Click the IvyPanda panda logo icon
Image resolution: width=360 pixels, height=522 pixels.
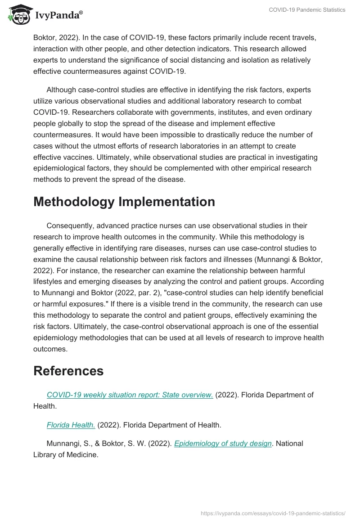[18, 14]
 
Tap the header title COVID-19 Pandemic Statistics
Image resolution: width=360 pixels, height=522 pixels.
[307, 10]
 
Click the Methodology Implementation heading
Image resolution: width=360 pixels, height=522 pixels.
[124, 202]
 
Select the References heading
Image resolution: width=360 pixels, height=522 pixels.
[68, 371]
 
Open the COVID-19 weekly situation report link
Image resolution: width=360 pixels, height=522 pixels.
[130, 395]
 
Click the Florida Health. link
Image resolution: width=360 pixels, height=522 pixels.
[71, 424]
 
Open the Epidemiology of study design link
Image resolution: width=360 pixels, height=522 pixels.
[223, 443]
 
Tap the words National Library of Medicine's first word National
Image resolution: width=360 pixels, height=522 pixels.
[289, 443]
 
